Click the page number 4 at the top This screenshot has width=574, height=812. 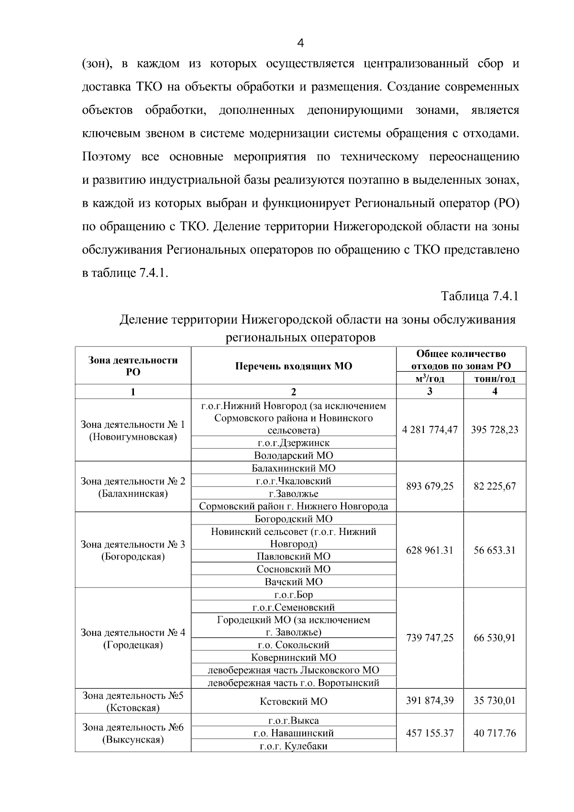[300, 44]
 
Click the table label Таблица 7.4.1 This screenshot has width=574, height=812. [479, 296]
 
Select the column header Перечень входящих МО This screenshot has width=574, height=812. [293, 366]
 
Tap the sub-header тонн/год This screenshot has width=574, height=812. [495, 378]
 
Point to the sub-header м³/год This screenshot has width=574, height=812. [430, 378]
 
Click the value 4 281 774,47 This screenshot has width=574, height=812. [430, 430]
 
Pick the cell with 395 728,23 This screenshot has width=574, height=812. [495, 430]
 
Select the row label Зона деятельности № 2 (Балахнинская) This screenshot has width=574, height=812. [132, 487]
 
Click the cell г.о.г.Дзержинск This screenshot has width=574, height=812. [293, 443]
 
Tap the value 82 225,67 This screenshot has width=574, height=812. [495, 486]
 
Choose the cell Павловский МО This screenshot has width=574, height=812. [293, 556]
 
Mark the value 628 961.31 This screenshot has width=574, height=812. [430, 550]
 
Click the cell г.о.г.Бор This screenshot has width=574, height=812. [293, 595]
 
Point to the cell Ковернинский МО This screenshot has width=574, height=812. [293, 657]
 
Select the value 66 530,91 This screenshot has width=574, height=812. [495, 638]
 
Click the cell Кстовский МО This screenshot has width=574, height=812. [293, 701]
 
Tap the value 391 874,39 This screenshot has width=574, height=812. [430, 701]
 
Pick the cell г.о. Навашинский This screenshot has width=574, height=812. [293, 733]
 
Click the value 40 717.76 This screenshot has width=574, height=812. [495, 733]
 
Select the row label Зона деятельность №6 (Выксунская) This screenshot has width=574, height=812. [132, 733]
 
